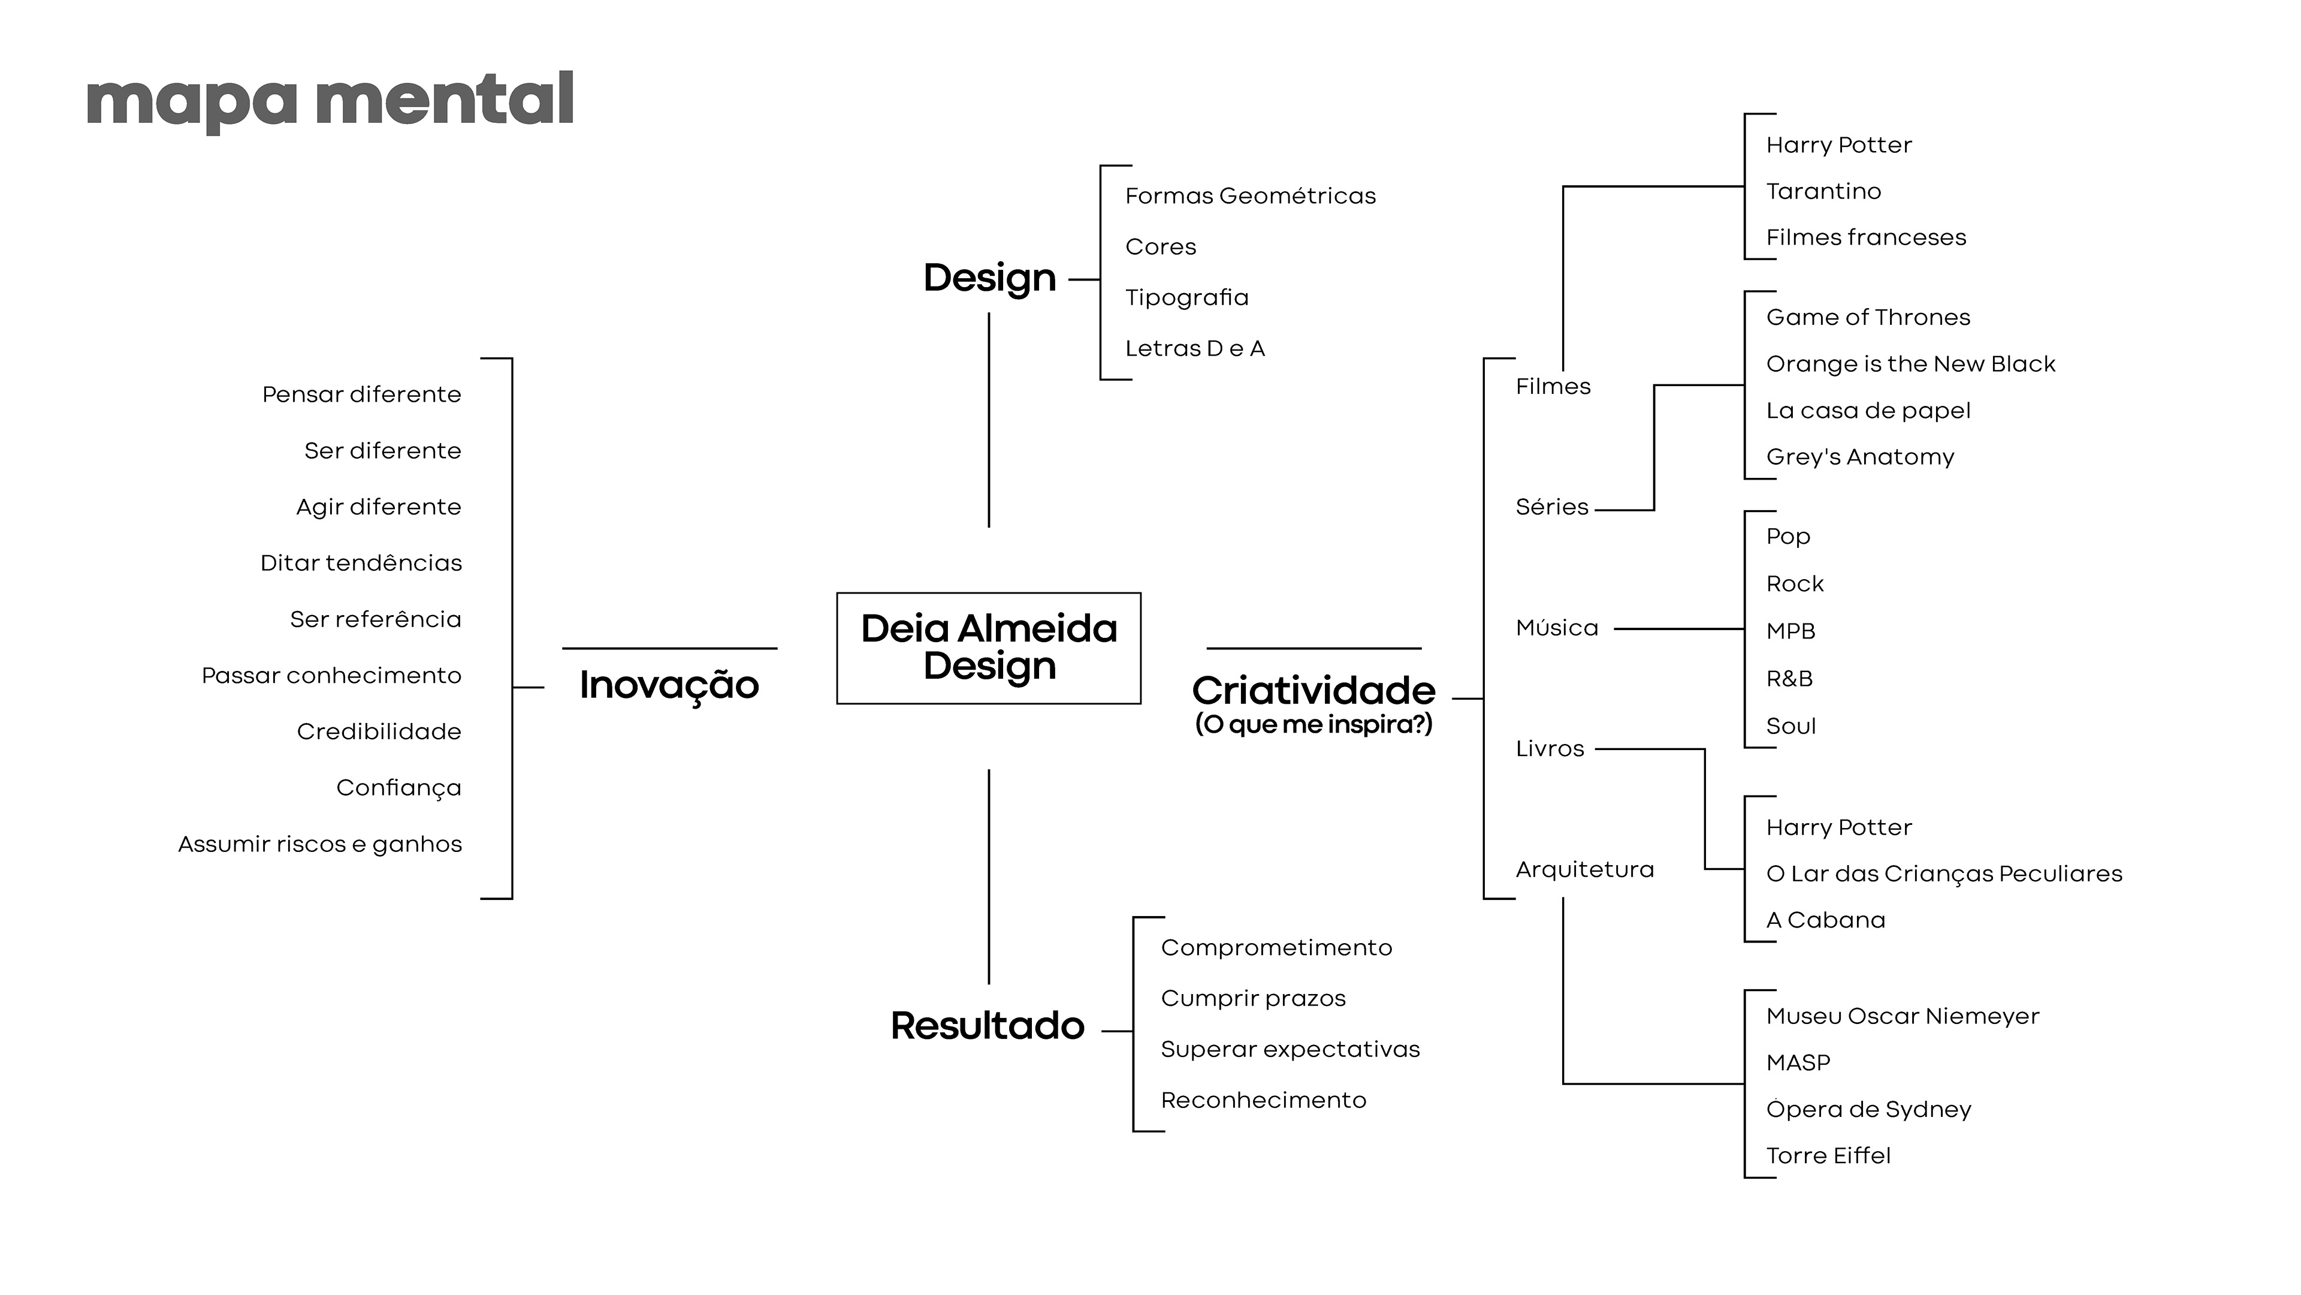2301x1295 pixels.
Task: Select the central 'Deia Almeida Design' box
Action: pos(988,648)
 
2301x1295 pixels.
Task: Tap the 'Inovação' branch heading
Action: pos(669,685)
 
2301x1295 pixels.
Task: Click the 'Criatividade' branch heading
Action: pos(1313,691)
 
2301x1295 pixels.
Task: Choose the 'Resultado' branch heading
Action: pos(987,1026)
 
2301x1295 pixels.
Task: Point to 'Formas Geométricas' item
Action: pos(1249,195)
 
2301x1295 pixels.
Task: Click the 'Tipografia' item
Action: pos(1186,297)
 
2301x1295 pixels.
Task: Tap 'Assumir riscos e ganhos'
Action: pos(320,845)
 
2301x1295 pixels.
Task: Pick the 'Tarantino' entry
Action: pos(1823,191)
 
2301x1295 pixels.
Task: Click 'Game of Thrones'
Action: pos(1868,317)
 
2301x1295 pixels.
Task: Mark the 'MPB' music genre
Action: pos(1790,631)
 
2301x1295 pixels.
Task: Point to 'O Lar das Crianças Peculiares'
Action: pos(1944,874)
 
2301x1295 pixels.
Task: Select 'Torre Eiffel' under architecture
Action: pos(1828,1155)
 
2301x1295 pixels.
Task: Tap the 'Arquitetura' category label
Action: pos(1584,869)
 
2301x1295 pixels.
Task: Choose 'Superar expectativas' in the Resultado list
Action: pos(1290,1049)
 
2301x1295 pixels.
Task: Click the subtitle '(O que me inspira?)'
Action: pos(1313,724)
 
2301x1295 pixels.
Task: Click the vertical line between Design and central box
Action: pos(989,420)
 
